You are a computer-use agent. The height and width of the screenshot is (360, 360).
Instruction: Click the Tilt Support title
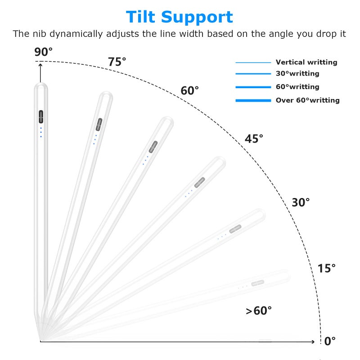point(179,17)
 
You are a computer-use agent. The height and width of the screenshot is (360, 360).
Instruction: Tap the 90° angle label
point(43,52)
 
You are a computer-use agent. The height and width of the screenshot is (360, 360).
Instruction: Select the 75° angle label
point(117,62)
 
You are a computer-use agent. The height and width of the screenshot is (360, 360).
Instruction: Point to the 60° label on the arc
point(189,90)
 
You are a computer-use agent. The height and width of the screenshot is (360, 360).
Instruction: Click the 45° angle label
point(254,139)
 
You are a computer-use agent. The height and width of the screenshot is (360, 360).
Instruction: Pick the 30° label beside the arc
point(301,202)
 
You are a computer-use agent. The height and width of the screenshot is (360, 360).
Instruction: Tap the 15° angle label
point(327,268)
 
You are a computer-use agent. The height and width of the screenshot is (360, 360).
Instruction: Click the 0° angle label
point(330,341)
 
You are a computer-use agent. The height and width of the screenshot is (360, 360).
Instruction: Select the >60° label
point(259,311)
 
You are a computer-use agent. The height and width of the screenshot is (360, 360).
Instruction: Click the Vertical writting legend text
point(306,62)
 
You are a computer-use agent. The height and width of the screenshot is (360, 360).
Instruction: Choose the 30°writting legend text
point(297,73)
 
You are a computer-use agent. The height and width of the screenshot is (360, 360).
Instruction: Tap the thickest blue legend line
point(253,100)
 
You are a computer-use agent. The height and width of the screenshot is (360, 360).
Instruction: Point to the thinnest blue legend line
point(253,63)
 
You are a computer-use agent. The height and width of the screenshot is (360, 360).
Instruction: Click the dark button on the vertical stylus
point(41,117)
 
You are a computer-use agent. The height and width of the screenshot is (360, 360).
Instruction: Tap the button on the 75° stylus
point(99,125)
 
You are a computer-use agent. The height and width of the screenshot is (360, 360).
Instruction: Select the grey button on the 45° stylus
point(200,182)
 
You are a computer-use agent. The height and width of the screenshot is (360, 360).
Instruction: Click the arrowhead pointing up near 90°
point(40,65)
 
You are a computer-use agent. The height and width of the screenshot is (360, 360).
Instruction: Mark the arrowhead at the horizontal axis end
point(313,342)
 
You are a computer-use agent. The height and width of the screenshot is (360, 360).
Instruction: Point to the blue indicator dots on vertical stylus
point(41,132)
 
